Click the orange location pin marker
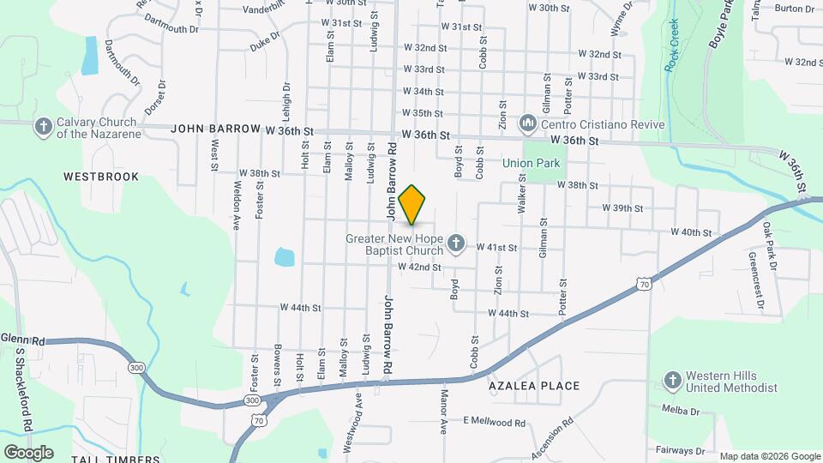click(412, 205)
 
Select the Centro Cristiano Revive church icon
click(528, 124)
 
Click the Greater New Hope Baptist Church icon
click(456, 244)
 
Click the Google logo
click(28, 452)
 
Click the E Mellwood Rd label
click(494, 422)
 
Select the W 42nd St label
click(418, 268)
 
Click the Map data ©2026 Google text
click(769, 456)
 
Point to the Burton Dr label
click(794, 9)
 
